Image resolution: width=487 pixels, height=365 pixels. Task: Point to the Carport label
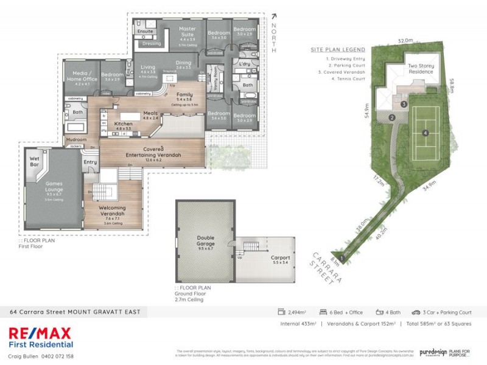point(280,257)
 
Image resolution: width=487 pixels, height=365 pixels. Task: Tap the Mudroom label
point(76,139)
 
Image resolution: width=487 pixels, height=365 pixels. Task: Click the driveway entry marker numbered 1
point(343,258)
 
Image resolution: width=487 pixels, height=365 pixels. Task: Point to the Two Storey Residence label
point(420,69)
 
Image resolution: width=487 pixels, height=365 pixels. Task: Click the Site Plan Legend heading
point(337,49)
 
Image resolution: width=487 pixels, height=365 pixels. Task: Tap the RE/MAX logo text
point(40,333)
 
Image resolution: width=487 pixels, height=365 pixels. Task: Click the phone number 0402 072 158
point(57,356)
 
